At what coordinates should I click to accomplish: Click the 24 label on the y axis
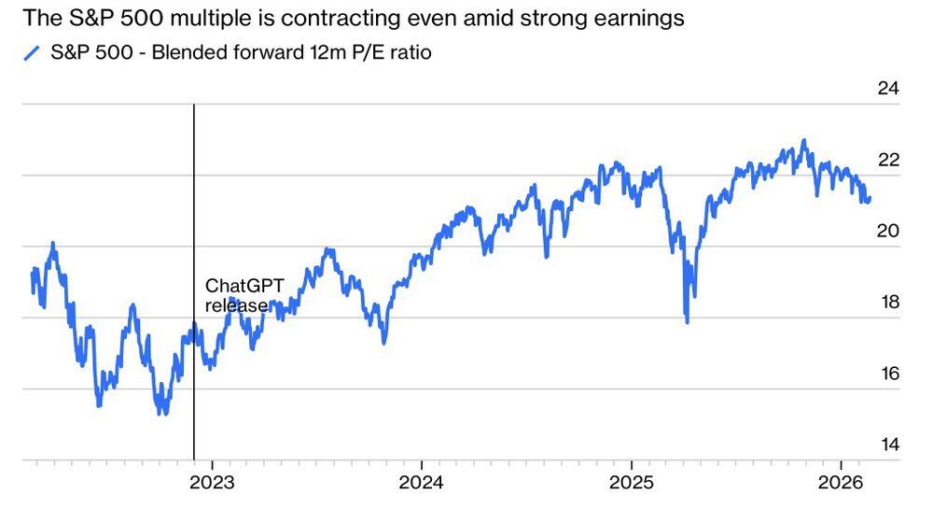click(888, 89)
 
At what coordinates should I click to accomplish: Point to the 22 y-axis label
click(888, 160)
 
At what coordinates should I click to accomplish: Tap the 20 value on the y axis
click(888, 232)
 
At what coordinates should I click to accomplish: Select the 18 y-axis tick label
click(888, 303)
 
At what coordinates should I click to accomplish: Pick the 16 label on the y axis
click(888, 374)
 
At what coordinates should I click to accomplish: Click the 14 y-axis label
click(888, 445)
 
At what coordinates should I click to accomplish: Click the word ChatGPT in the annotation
click(244, 286)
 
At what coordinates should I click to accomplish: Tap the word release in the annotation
click(237, 305)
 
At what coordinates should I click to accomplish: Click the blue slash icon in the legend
click(32, 53)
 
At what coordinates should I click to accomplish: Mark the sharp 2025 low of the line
click(688, 322)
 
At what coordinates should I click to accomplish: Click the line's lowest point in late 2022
click(164, 413)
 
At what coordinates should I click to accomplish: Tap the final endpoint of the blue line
click(870, 198)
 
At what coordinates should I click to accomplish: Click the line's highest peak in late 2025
click(803, 141)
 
